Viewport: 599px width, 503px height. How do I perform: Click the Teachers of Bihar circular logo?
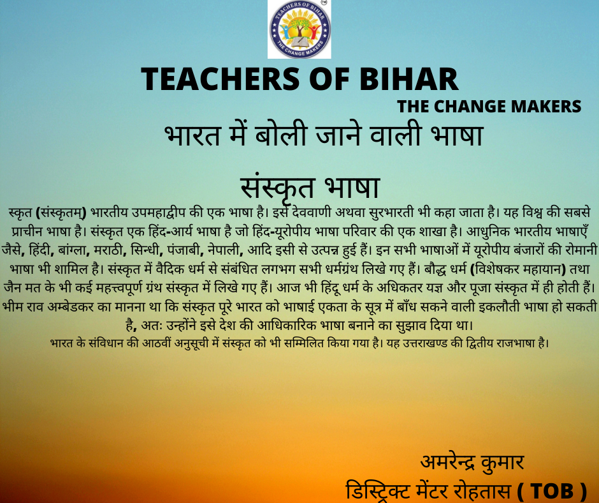tap(299, 29)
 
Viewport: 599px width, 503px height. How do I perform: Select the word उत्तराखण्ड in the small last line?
tap(423, 343)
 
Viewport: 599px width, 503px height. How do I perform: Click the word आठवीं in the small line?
tap(157, 343)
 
